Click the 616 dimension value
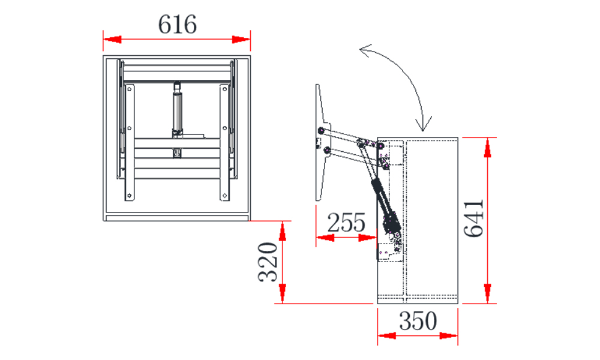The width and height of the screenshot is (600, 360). [x=178, y=24]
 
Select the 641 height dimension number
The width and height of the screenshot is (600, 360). [x=474, y=218]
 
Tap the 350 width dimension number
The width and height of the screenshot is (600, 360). [x=418, y=320]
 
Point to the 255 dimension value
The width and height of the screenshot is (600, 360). [x=346, y=223]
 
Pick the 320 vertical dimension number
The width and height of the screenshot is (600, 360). [x=268, y=262]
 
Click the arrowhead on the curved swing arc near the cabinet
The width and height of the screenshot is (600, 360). [x=424, y=124]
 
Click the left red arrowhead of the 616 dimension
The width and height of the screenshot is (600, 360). [x=112, y=40]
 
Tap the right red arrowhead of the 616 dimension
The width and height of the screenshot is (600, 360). [x=241, y=40]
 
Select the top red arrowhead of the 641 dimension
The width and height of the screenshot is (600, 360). [x=487, y=147]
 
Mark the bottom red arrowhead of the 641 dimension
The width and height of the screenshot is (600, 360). [x=487, y=294]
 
